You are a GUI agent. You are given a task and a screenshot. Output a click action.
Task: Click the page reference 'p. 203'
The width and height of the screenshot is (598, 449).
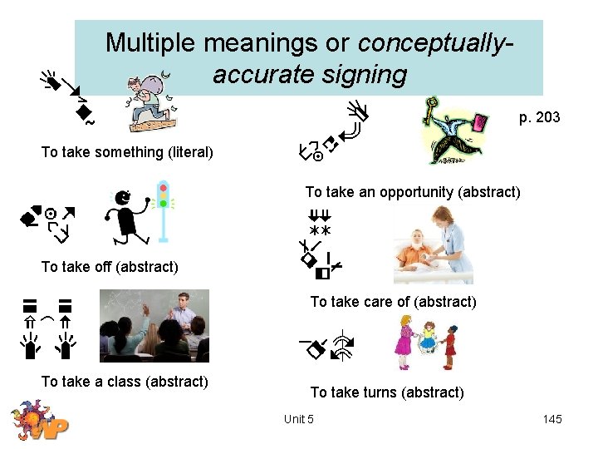click(539, 117)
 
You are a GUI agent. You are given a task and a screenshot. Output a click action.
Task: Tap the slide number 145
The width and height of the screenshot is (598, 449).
click(552, 419)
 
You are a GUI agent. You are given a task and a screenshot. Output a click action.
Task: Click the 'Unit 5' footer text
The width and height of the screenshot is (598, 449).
click(298, 419)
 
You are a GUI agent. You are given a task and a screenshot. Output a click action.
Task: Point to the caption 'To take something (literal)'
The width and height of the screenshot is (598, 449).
click(127, 152)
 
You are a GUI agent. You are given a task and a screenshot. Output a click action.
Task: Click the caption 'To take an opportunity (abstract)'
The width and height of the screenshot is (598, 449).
click(413, 192)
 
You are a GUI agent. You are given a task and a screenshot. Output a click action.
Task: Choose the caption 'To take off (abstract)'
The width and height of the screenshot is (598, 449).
click(110, 267)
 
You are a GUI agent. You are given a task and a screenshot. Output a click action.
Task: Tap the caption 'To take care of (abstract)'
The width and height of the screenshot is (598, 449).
click(393, 302)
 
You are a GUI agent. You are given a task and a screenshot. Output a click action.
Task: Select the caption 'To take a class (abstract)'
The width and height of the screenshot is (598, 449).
click(125, 382)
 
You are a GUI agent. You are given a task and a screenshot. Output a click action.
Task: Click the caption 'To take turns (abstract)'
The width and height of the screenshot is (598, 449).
click(387, 392)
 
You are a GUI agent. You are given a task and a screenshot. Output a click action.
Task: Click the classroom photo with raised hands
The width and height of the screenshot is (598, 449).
click(154, 326)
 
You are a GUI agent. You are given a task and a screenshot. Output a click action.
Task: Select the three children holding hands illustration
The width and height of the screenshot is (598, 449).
click(427, 343)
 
